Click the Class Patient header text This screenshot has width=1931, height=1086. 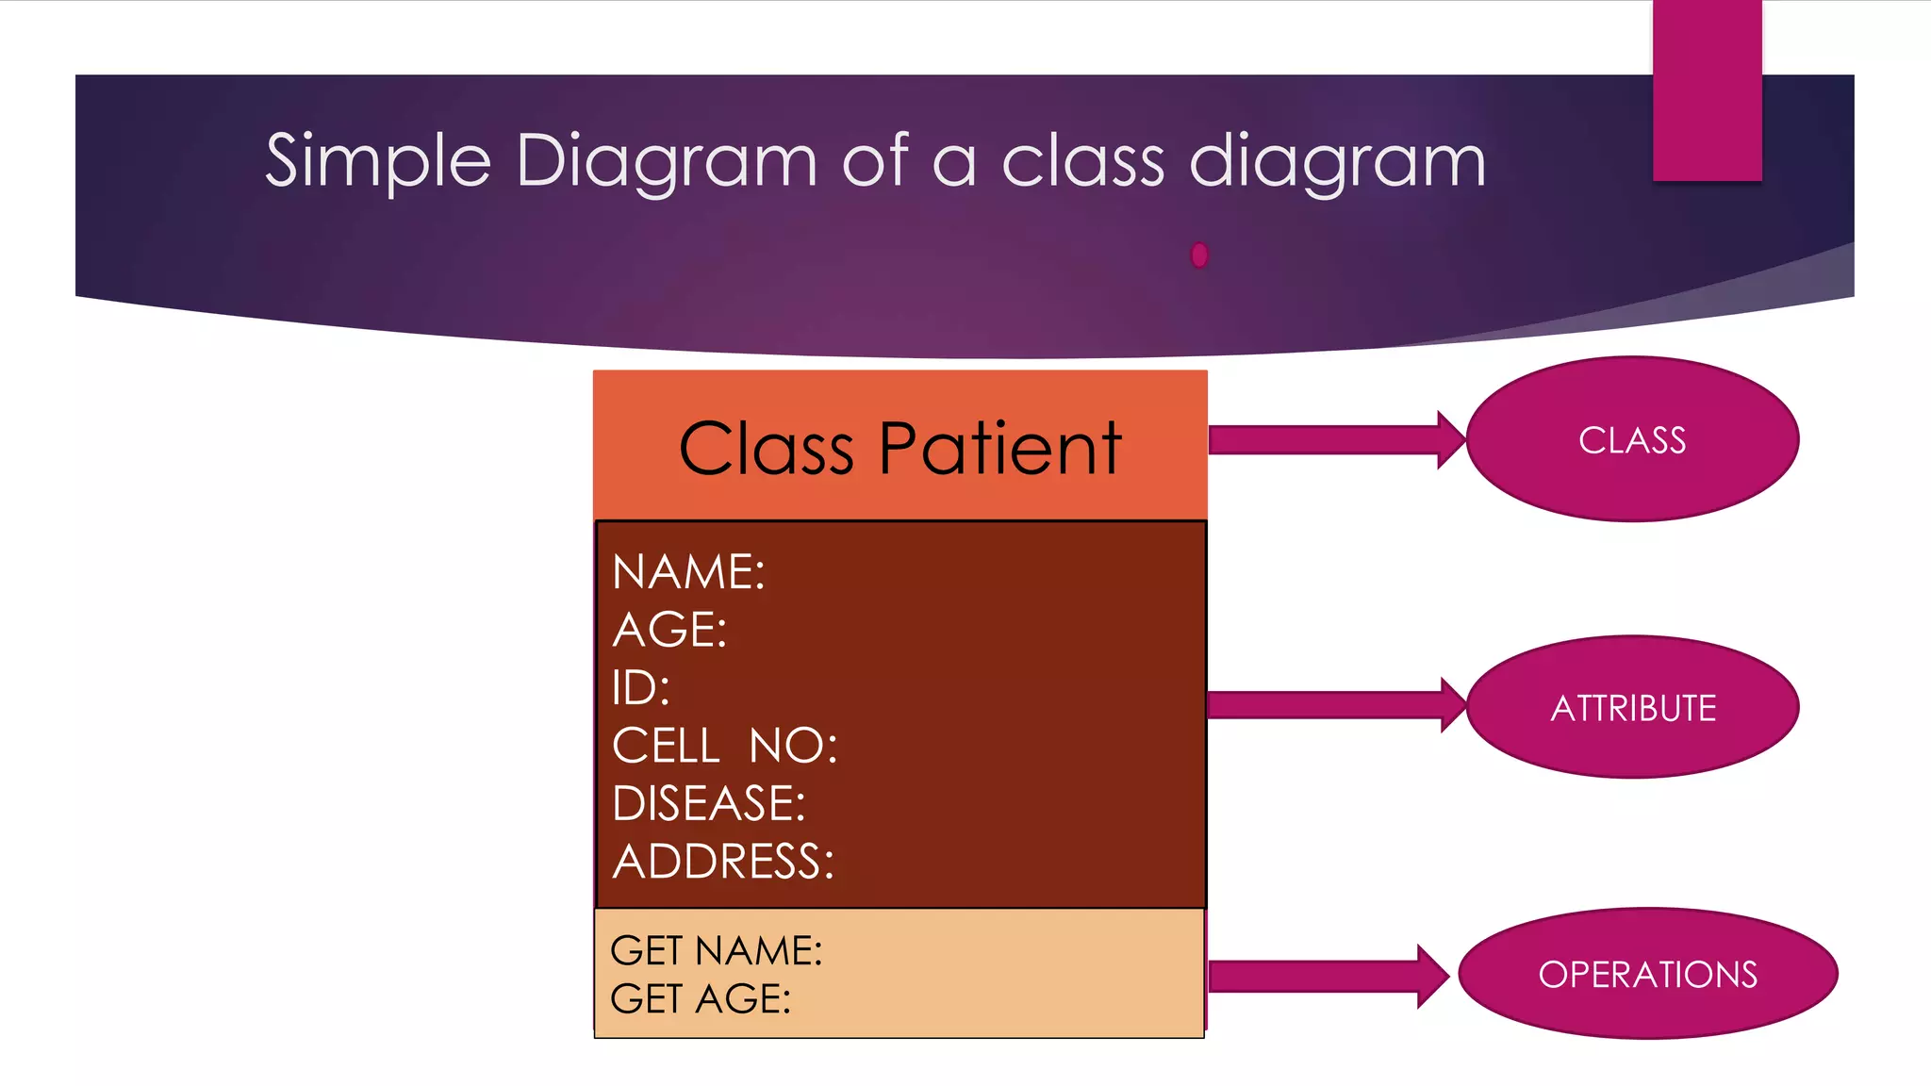click(899, 449)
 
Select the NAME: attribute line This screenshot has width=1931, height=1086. click(688, 572)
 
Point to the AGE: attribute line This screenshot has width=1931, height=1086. click(669, 630)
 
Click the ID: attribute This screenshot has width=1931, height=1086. click(640, 688)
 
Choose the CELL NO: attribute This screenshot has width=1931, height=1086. click(724, 746)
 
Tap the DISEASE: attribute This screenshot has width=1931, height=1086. click(708, 804)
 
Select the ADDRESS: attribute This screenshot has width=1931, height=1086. click(723, 862)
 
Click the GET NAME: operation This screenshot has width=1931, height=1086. click(716, 950)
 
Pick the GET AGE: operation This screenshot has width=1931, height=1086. click(700, 999)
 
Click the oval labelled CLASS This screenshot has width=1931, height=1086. click(1632, 439)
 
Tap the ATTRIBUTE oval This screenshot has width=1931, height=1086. click(1633, 707)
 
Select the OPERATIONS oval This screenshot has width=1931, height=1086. click(1647, 974)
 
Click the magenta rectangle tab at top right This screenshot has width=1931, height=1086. click(1707, 90)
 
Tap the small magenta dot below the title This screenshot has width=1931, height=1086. click(1199, 255)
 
